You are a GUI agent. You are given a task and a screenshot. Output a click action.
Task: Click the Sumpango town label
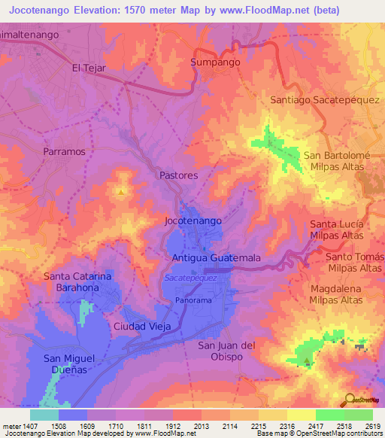215,62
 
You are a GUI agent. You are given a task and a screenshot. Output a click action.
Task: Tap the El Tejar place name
87,68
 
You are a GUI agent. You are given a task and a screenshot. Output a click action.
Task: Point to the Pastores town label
178,175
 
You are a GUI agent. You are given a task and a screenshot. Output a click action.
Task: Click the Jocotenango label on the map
192,221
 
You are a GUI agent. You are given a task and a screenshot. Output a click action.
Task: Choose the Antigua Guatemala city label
217,257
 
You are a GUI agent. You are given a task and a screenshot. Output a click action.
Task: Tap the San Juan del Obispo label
227,351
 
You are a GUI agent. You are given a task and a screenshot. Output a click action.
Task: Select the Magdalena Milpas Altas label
335,294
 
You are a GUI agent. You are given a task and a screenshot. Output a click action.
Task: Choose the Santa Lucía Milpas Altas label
337,230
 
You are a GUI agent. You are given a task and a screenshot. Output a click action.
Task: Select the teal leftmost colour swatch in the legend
44,415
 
